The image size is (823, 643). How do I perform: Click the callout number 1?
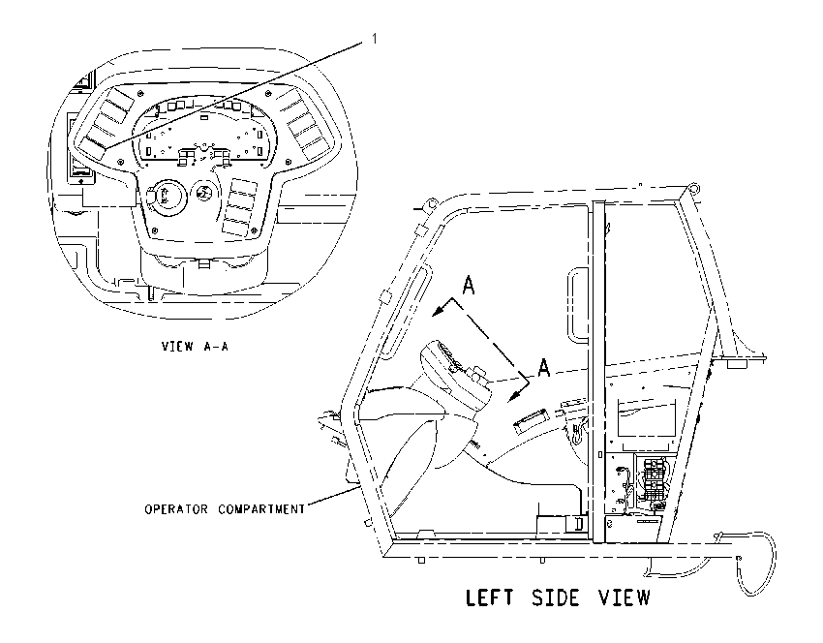tap(375, 39)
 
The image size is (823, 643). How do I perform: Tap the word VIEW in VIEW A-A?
tap(178, 347)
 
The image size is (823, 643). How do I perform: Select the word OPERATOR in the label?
tap(176, 509)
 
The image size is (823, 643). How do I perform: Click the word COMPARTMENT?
tap(261, 509)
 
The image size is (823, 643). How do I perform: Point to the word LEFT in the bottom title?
tap(489, 597)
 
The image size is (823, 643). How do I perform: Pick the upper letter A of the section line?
tap(469, 286)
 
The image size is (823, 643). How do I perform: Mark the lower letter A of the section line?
tap(544, 367)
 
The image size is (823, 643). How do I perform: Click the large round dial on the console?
tap(165, 197)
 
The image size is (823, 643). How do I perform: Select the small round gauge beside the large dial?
tap(201, 193)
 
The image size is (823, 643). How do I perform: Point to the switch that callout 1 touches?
tap(96, 147)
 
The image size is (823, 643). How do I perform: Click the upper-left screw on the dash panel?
tap(140, 93)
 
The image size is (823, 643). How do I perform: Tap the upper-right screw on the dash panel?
tap(269, 94)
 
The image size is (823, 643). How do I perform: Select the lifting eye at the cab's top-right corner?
tap(694, 188)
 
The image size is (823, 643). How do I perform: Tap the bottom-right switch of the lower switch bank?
tap(242, 227)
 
